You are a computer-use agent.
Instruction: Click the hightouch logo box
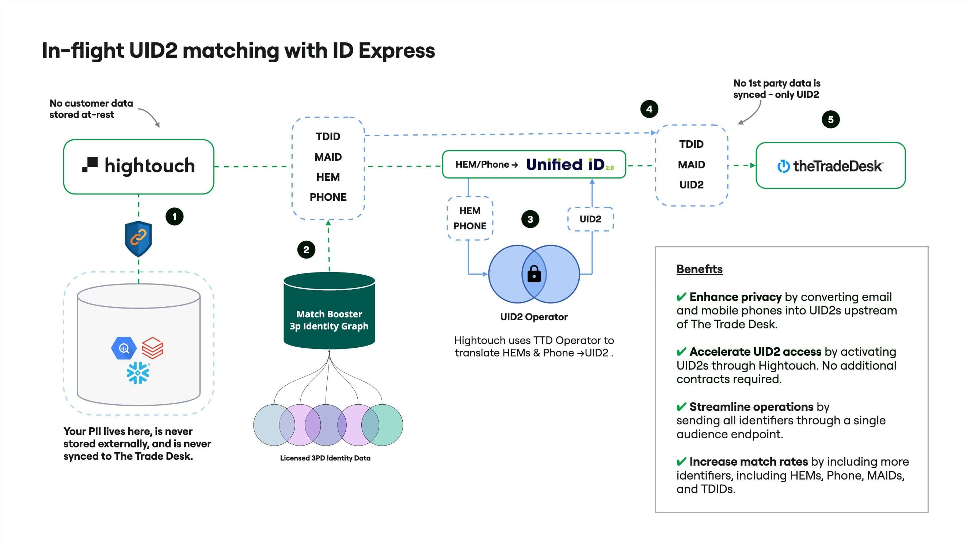coord(138,166)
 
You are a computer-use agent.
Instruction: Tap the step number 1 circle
coord(174,217)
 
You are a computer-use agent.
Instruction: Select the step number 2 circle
coord(306,250)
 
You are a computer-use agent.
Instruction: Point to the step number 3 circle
coord(530,219)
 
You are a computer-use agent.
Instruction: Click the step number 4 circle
coord(649,109)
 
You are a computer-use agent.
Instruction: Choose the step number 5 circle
coord(830,120)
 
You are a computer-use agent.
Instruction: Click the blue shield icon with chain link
coord(138,238)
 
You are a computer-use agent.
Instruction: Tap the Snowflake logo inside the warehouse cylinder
coord(137,373)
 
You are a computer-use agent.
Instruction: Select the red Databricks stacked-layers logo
coord(152,348)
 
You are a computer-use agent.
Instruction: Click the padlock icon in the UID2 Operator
coord(533,274)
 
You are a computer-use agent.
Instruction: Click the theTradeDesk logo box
coord(830,165)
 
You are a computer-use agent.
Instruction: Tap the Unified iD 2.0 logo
coord(570,165)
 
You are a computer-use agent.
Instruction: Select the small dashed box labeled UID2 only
coord(590,219)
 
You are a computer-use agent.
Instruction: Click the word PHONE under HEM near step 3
coord(469,226)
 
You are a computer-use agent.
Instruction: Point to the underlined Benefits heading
coord(699,269)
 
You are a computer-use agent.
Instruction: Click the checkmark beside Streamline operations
coord(681,407)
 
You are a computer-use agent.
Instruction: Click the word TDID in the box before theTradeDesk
coord(691,144)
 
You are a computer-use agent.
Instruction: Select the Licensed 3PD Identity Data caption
coord(325,458)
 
